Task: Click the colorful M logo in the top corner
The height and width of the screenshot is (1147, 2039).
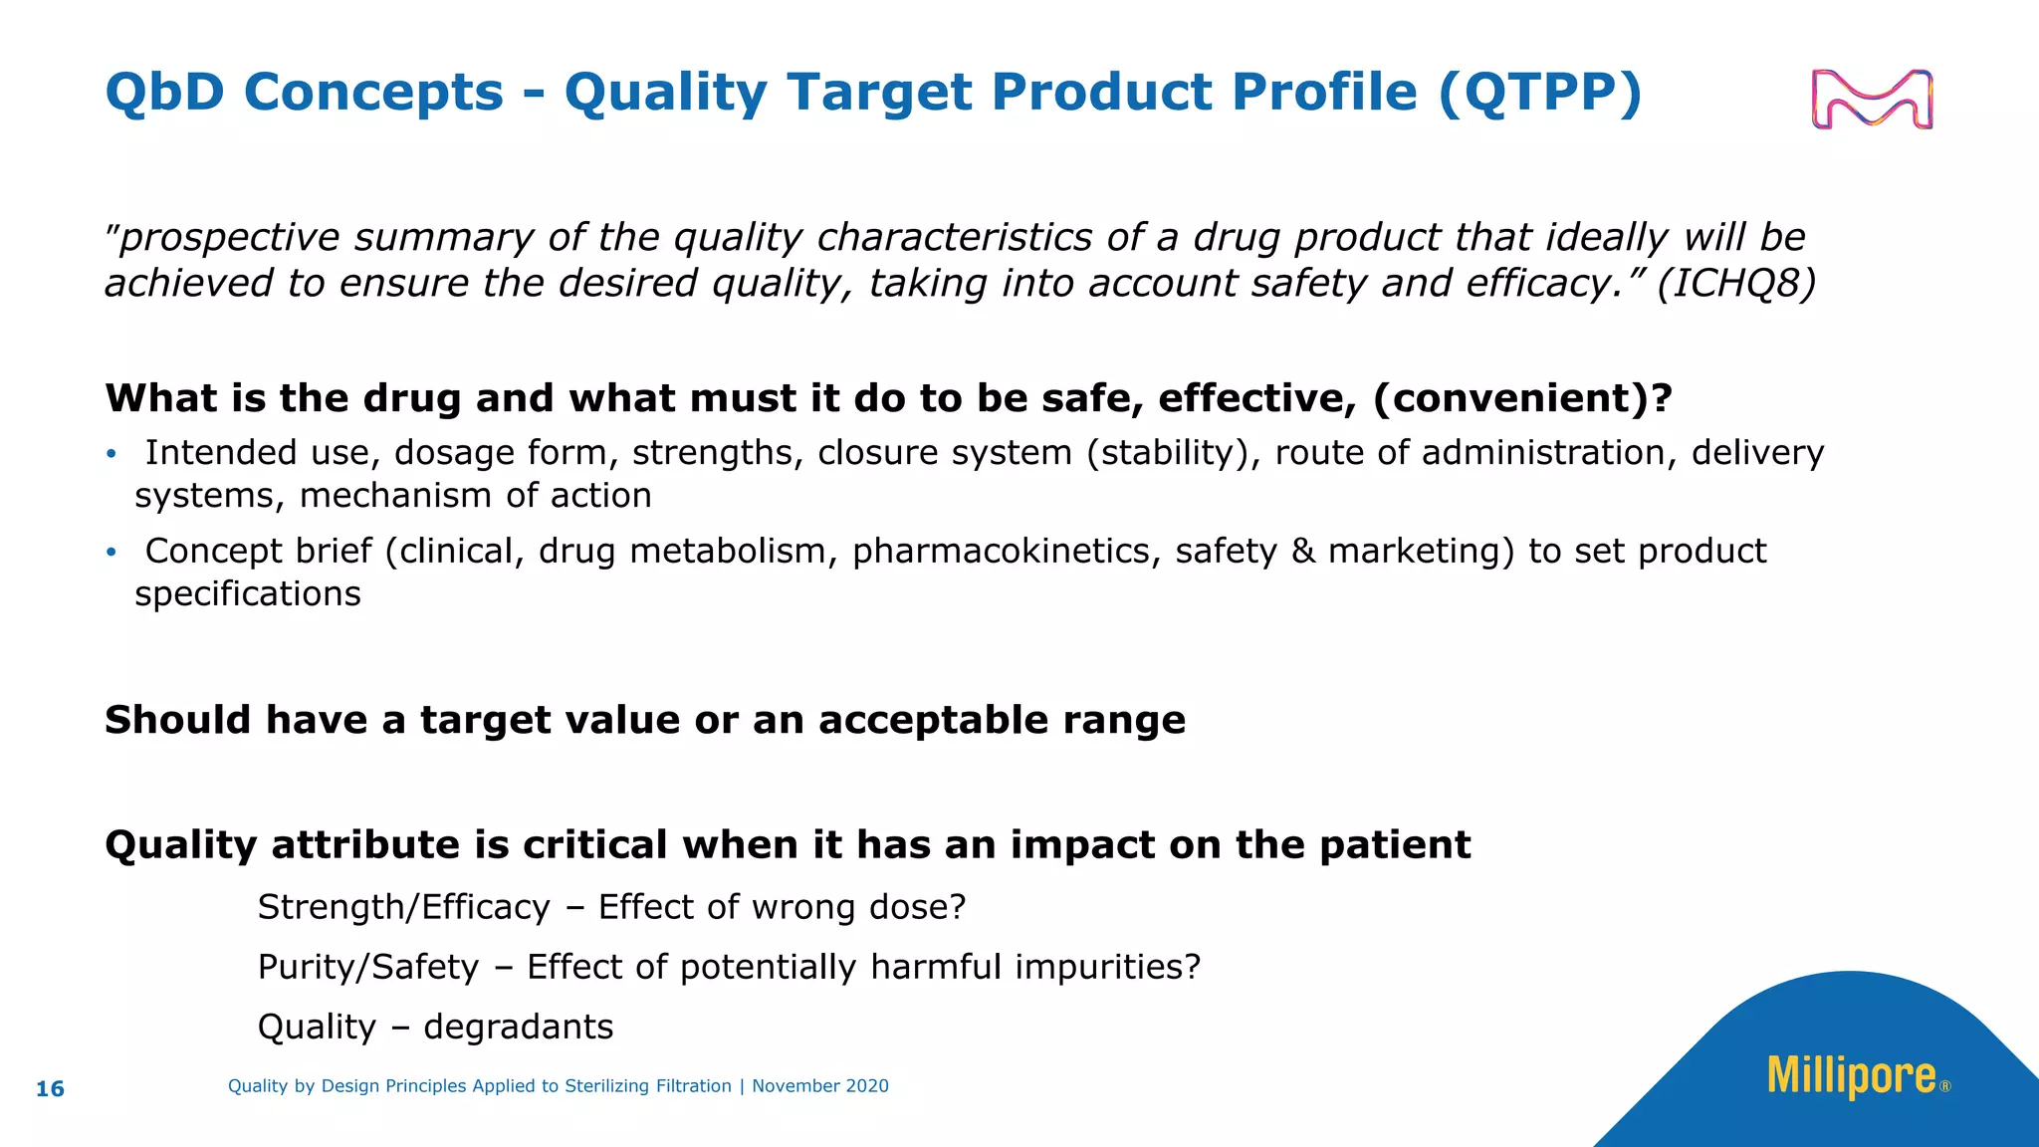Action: click(1872, 100)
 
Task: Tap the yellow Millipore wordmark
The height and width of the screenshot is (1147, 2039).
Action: click(1852, 1076)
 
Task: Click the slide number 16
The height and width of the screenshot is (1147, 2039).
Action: click(50, 1089)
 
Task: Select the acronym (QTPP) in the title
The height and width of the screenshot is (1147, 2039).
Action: click(1539, 93)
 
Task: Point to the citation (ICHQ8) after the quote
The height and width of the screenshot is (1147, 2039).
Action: click(1736, 284)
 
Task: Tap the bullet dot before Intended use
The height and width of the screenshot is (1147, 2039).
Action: click(112, 455)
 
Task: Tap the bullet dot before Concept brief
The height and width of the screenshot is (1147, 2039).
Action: click(112, 553)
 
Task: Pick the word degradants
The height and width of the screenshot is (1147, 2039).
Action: click(518, 1027)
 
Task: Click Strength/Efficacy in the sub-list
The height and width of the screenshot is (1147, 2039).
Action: click(403, 907)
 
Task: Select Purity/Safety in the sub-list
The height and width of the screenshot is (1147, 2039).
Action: click(368, 967)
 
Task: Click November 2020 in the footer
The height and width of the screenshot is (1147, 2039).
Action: click(819, 1086)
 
